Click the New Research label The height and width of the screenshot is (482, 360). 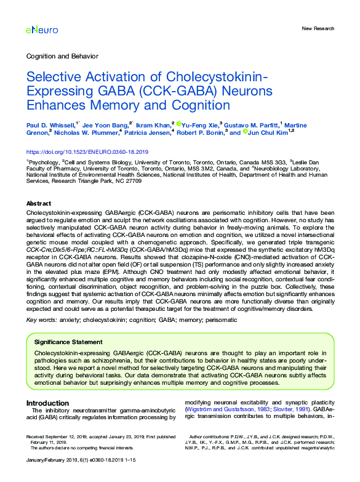coord(318,29)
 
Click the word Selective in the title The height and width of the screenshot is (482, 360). coord(53,78)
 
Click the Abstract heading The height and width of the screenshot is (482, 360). coord(39,204)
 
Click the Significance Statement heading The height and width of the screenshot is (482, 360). coord(68,342)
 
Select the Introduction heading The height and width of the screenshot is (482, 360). coord(47,403)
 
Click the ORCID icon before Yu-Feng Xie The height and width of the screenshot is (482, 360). coord(178,124)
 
